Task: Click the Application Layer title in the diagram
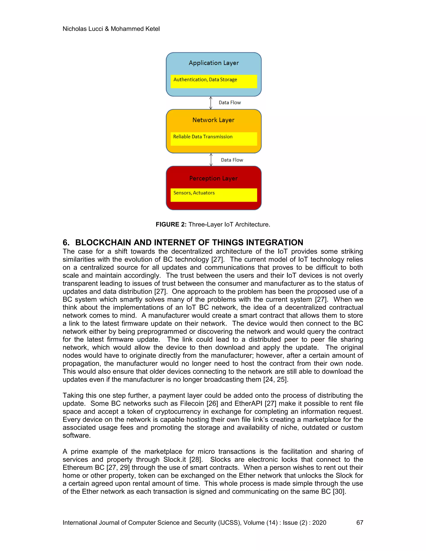pos(213,63)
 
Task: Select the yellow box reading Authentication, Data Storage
pos(213,81)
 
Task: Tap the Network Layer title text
pos(213,120)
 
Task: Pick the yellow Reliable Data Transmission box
pos(213,138)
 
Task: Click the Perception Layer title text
pos(213,178)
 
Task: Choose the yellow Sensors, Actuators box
pos(213,195)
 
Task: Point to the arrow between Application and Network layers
pos(211,103)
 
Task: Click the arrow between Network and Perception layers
pos(211,160)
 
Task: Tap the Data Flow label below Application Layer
pos(230,103)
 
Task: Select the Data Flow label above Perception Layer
pos(232,160)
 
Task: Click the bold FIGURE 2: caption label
pos(171,225)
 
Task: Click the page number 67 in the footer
pos(360,523)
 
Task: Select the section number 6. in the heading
pos(66,242)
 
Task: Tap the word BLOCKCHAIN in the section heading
pos(103,242)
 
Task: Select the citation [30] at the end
pos(339,492)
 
